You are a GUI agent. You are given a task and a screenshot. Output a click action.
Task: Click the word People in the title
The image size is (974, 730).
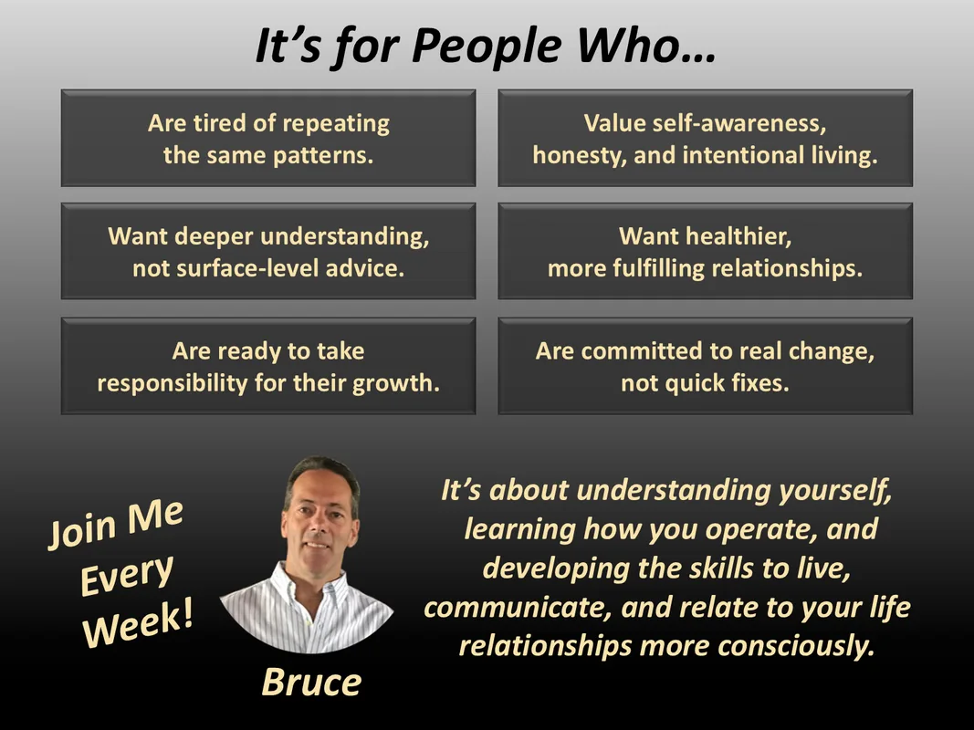point(487,47)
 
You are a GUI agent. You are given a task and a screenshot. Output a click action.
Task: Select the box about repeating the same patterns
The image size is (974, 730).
point(268,138)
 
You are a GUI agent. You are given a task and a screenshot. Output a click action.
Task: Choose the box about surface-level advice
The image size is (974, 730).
point(268,252)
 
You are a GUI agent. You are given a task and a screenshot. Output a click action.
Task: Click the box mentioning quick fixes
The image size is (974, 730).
point(705,366)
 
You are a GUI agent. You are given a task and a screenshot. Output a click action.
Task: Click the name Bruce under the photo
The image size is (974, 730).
point(311,683)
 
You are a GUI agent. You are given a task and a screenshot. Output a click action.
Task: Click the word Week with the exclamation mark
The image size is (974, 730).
point(138,624)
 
